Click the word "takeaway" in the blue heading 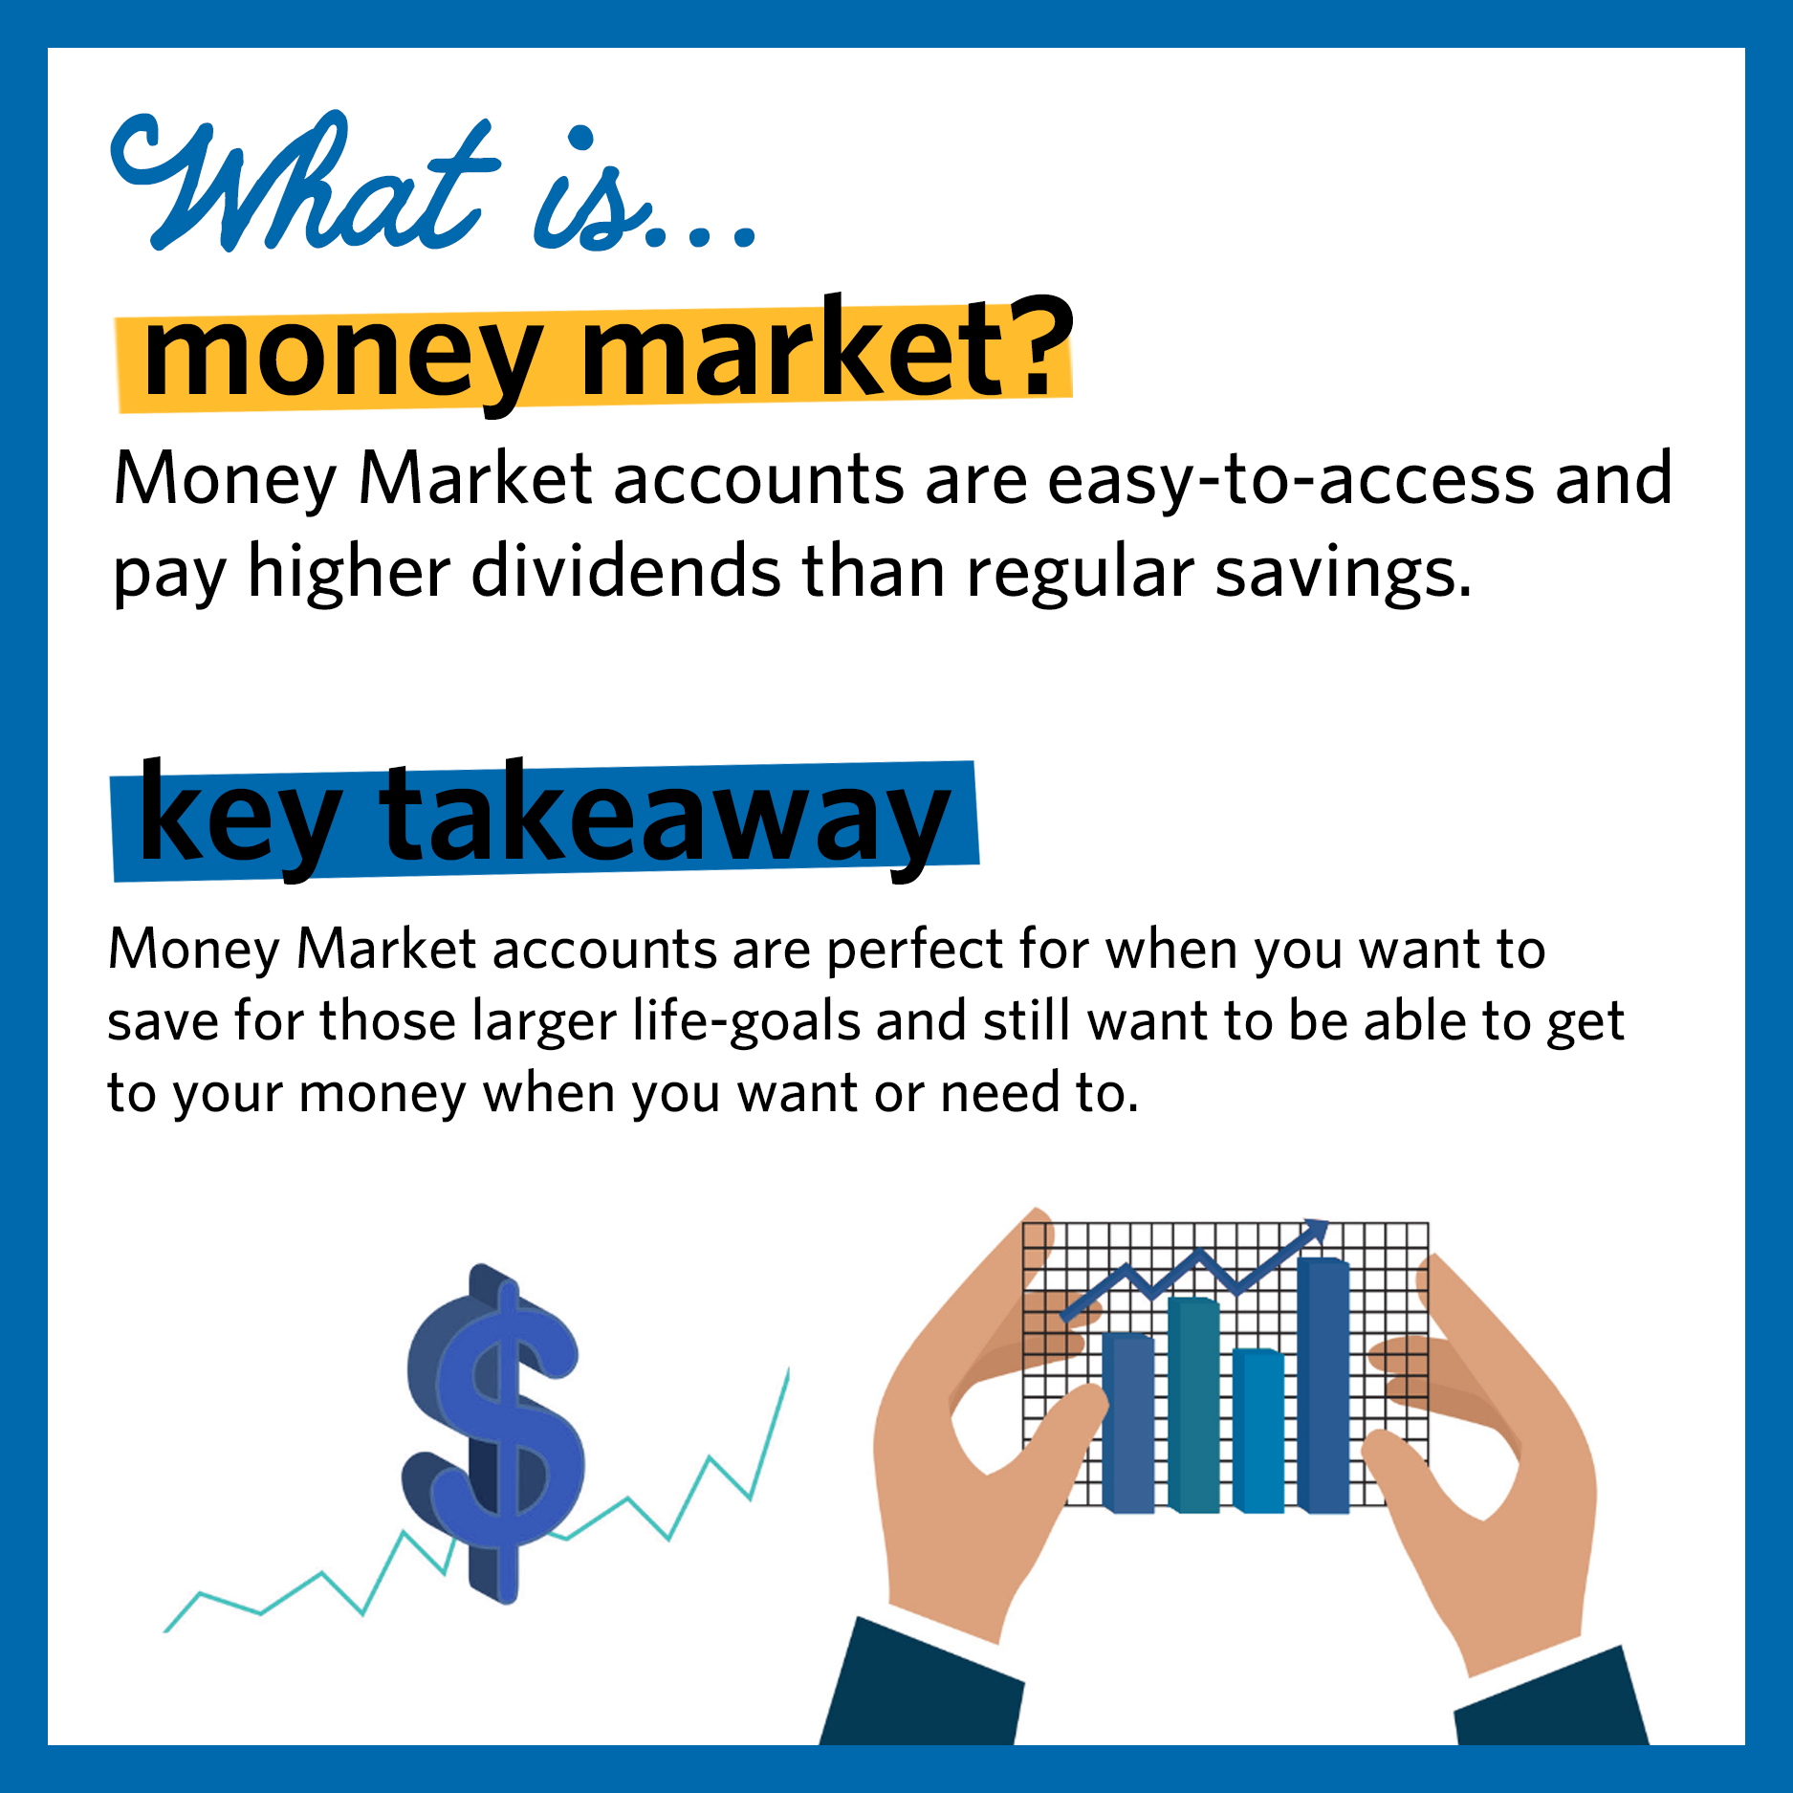pos(665,818)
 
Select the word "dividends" pos(625,572)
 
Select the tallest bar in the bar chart pos(1323,1387)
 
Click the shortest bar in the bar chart pos(1257,1430)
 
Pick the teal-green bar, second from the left pos(1193,1406)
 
